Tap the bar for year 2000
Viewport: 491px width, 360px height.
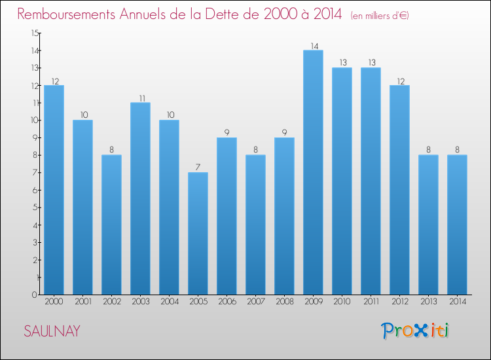click(x=54, y=190)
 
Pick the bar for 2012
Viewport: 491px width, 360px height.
click(x=399, y=190)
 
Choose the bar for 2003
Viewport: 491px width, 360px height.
click(x=140, y=198)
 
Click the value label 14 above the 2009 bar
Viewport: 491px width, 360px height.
click(x=313, y=46)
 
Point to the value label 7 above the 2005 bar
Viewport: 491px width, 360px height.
click(x=198, y=168)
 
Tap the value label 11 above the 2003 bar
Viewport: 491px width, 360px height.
click(x=140, y=98)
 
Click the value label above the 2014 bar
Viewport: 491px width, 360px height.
click(x=457, y=150)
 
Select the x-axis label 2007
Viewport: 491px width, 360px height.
click(x=255, y=302)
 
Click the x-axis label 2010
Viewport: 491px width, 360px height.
click(x=342, y=302)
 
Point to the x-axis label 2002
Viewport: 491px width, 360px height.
click(x=111, y=302)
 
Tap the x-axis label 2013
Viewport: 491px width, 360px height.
click(x=428, y=302)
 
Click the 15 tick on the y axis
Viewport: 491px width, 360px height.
click(x=34, y=33)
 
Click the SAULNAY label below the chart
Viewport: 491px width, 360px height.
click(x=52, y=331)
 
